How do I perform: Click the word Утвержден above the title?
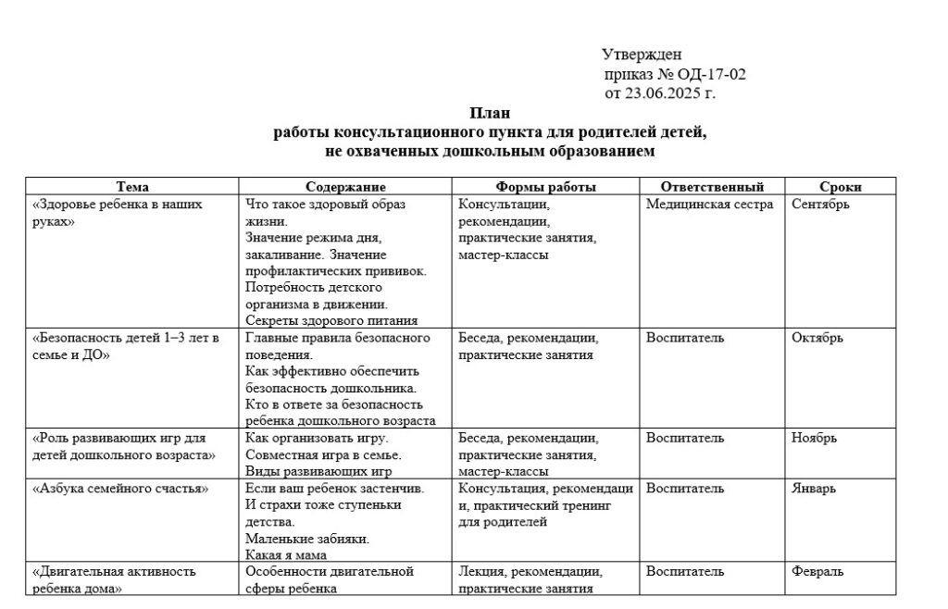[642, 55]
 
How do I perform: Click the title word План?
[490, 114]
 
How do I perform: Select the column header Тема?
[132, 187]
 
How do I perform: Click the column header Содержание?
[345, 187]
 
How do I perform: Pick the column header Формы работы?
[546, 187]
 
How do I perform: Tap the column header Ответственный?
[712, 187]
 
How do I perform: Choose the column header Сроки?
[841, 187]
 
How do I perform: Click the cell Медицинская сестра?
[709, 205]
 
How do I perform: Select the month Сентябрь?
[820, 205]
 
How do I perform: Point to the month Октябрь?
[817, 338]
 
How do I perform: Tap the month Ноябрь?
[814, 438]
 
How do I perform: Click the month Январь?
[814, 488]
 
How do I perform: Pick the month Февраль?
[817, 571]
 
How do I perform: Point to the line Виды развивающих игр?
[314, 471]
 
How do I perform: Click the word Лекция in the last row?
[480, 571]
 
